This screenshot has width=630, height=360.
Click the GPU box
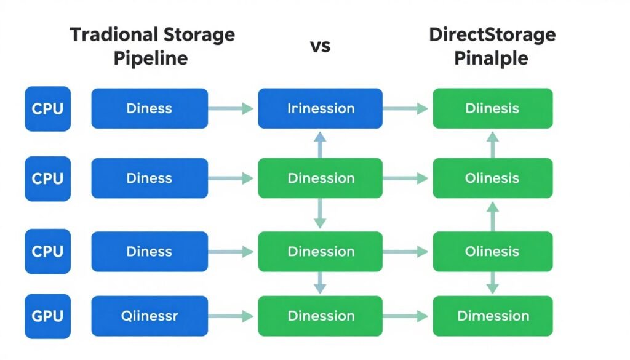click(47, 316)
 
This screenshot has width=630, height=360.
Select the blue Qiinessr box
click(150, 316)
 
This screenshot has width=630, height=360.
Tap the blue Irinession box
click(320, 108)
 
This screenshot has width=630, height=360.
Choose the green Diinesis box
click(492, 108)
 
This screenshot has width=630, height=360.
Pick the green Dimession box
click(492, 316)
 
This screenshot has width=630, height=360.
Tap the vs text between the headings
click(320, 46)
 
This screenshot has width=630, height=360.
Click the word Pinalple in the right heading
click(492, 58)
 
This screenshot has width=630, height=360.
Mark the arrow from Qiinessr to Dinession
click(231, 316)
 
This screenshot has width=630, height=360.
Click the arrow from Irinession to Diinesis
click(405, 109)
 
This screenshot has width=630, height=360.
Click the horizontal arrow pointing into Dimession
click(405, 316)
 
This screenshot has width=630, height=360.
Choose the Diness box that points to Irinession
click(150, 108)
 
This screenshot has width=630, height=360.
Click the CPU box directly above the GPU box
click(47, 252)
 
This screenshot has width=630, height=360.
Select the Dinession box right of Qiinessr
click(320, 316)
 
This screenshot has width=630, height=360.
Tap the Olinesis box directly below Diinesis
click(492, 178)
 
